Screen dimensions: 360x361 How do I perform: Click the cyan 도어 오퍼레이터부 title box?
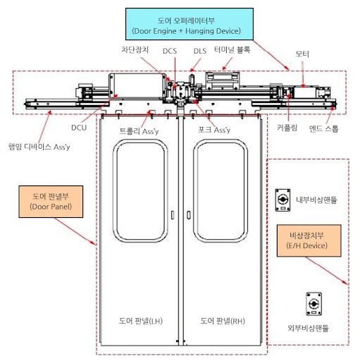[x=190, y=24]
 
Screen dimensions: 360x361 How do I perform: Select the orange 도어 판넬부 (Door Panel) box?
[x=51, y=202]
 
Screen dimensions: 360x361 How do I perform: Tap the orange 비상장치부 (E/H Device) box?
[x=309, y=240]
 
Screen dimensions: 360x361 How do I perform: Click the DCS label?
[x=170, y=51]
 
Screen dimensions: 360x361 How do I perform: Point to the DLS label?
[x=200, y=51]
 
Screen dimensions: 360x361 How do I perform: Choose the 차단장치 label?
[x=135, y=49]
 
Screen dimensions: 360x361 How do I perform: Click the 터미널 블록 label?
[x=232, y=49]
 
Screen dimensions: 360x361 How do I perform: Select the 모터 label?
[x=302, y=54]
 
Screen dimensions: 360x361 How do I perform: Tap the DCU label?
[x=79, y=128]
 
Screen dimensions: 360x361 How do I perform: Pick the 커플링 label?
[x=287, y=128]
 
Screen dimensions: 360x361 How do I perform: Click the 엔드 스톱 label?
[x=323, y=128]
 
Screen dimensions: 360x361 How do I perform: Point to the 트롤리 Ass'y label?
[x=139, y=131]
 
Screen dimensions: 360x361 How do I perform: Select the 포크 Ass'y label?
[x=214, y=130]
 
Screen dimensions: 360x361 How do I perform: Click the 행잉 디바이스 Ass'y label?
[x=39, y=147]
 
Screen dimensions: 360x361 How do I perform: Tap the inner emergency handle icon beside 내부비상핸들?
[x=283, y=200]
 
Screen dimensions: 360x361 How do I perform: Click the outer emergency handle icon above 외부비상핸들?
[x=314, y=304]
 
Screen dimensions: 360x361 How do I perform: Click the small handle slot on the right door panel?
[x=189, y=215]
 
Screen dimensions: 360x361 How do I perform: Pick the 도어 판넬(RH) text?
[x=223, y=321]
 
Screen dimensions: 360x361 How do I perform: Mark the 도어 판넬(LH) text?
[x=141, y=321]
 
